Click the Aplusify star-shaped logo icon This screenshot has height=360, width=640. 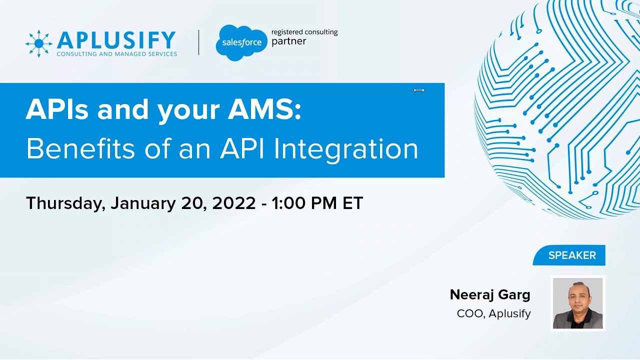click(39, 43)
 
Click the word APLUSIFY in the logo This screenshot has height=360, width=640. click(116, 40)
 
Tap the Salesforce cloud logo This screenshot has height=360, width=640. click(242, 43)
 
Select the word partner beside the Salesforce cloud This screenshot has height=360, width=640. click(288, 41)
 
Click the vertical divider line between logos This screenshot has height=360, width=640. click(198, 42)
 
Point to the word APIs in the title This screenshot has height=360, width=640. click(58, 109)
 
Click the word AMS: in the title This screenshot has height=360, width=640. click(264, 109)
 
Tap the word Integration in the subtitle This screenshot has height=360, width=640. click(348, 149)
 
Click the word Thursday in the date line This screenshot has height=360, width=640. click(65, 203)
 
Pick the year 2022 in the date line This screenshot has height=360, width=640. click(233, 203)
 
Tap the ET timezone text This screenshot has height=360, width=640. click(352, 203)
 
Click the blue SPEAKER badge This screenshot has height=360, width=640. click(571, 255)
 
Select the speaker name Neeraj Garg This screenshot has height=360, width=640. click(489, 295)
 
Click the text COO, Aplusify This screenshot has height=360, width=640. click(493, 313)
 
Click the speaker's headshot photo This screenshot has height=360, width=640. click(577, 303)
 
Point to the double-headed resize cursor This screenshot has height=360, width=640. click(419, 90)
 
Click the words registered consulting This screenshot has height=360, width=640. click(304, 32)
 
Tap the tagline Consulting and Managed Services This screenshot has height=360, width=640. click(116, 54)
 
